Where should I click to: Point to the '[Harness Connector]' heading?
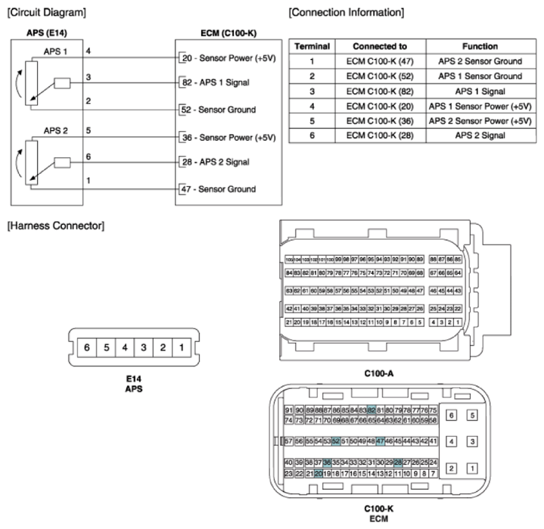coord(54,226)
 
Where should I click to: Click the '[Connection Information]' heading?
coord(346,13)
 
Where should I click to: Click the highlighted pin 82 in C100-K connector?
coord(371,409)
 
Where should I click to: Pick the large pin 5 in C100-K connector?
coord(473,415)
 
